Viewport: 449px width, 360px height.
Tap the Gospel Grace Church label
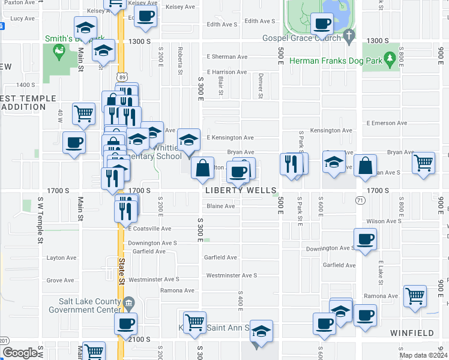pos(301,37)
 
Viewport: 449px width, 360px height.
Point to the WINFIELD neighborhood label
pos(411,332)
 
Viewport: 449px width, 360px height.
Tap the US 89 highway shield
pos(122,77)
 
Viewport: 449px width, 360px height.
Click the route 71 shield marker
pos(360,199)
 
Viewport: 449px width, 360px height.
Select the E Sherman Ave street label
pos(227,57)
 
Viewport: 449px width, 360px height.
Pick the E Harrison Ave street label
pos(226,72)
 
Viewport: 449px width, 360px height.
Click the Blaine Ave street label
pos(220,206)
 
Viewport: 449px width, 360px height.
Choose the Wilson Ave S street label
pos(382,221)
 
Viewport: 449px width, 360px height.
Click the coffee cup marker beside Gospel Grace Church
pos(322,25)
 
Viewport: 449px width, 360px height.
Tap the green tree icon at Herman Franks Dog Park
pos(390,58)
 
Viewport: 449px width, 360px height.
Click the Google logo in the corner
pos(20,353)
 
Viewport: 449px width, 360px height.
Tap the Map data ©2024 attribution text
pos(423,355)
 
